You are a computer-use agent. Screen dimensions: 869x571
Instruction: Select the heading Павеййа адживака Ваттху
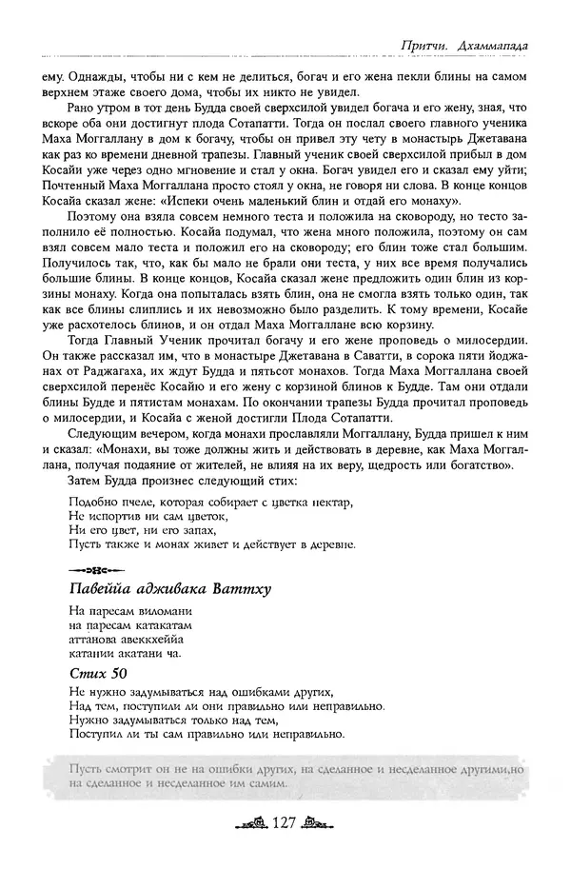click(x=170, y=588)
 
